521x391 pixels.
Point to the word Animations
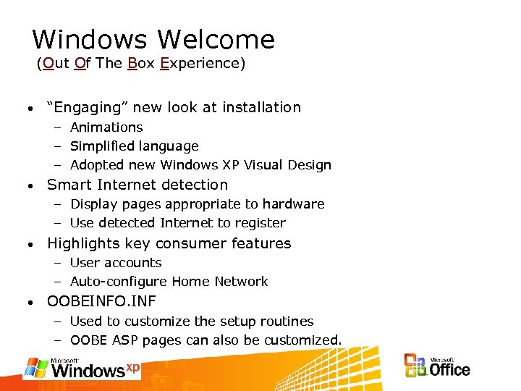click(x=106, y=127)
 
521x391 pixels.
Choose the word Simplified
click(x=106, y=146)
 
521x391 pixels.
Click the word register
click(x=261, y=223)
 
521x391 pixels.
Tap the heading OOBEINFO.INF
click(x=101, y=301)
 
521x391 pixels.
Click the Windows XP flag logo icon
click(x=36, y=367)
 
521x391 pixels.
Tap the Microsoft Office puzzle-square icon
click(x=415, y=366)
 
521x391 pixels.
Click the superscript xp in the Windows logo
click(x=132, y=367)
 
